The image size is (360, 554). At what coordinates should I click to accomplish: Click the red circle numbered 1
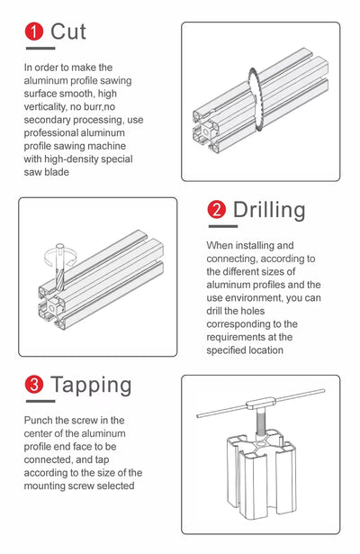point(34,32)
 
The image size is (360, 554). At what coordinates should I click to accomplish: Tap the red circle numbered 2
point(216,209)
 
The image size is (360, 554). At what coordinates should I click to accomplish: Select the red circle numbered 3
point(34,384)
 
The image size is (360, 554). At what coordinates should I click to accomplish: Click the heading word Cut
point(68,32)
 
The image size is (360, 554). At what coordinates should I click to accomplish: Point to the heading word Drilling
point(269,210)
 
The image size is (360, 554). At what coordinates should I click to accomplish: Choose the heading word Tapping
point(91,386)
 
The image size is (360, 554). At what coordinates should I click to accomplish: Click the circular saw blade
point(254,100)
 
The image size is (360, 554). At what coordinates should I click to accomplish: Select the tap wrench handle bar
point(260,404)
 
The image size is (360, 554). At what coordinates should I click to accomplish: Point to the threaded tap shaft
point(260,423)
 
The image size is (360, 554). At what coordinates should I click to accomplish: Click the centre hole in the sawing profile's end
point(206,132)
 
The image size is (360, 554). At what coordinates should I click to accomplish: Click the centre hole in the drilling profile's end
point(51,307)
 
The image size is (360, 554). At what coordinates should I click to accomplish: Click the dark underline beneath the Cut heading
point(40,48)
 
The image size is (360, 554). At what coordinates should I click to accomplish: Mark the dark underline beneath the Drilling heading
point(223,226)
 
